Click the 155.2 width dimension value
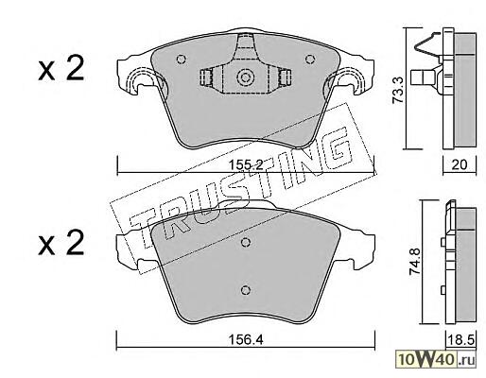pos(246,164)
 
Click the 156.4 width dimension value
pos(246,339)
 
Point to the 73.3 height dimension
pos(398,90)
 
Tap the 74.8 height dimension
pos(415,262)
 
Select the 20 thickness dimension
pos(460,164)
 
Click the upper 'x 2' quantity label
pos(61,68)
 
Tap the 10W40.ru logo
pos(436,359)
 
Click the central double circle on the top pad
pos(245,77)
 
